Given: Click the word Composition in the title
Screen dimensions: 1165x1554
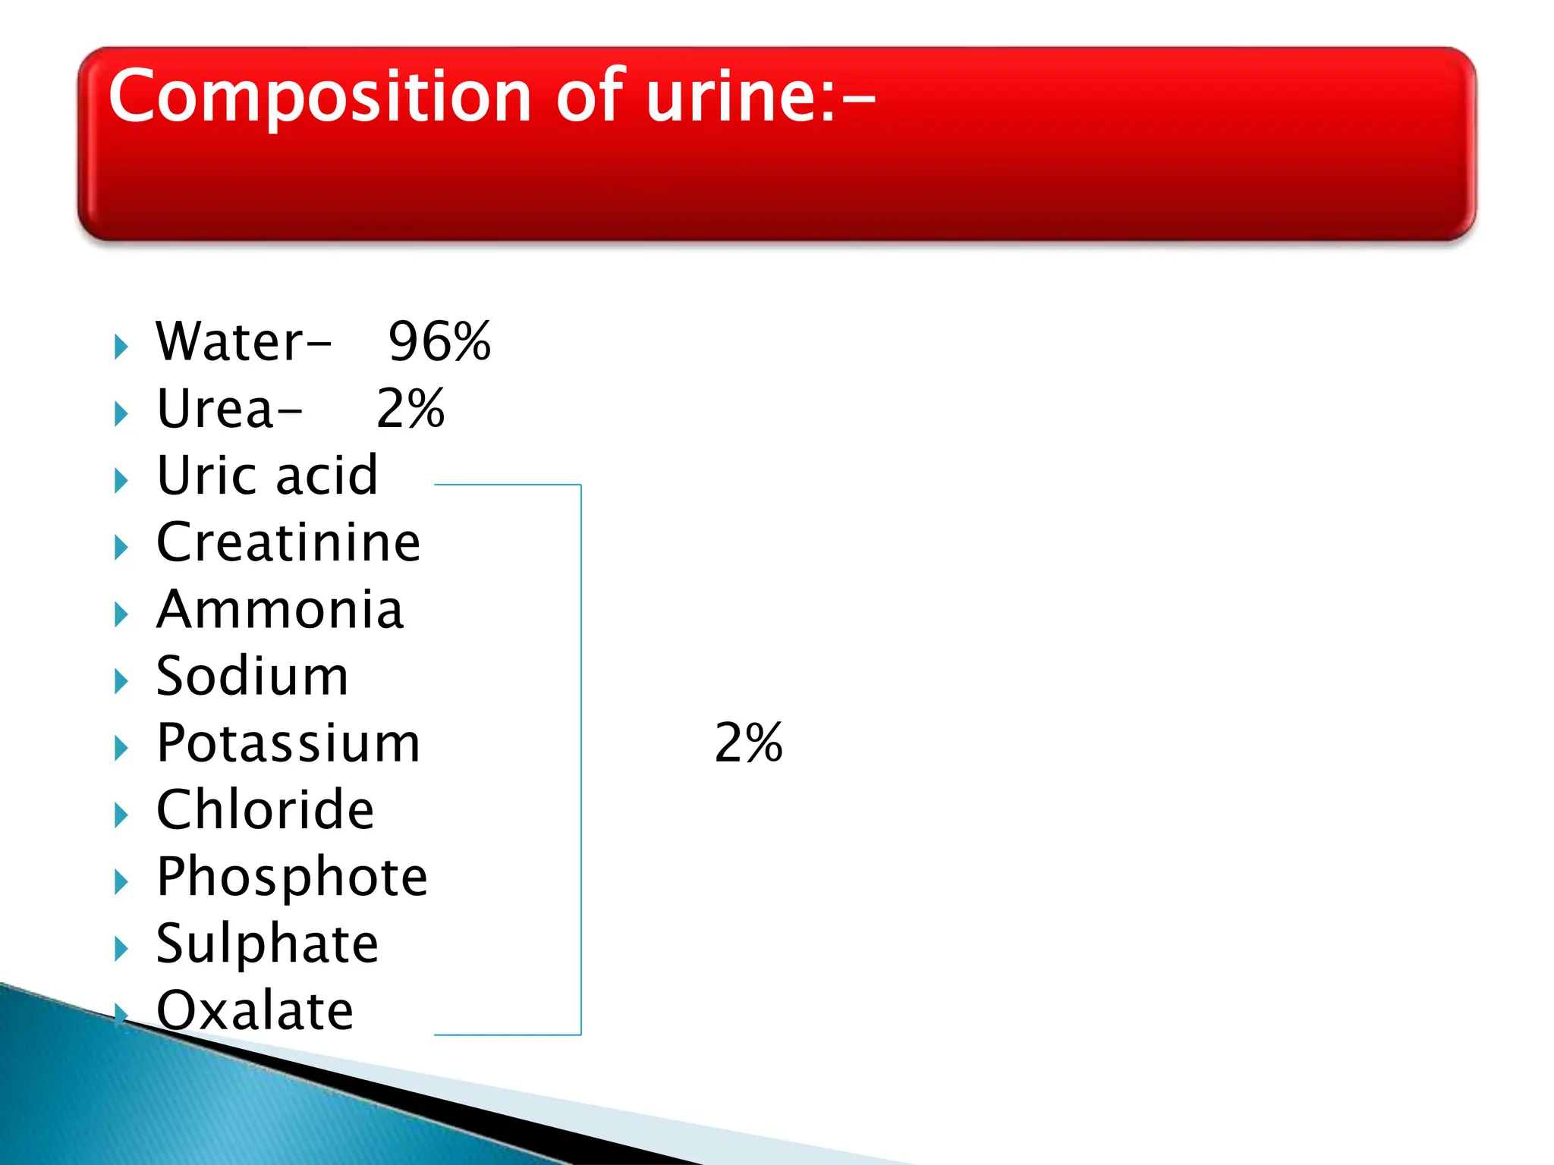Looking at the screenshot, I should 319,97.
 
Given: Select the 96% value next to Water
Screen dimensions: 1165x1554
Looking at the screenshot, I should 439,341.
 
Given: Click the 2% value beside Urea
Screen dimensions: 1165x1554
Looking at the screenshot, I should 411,409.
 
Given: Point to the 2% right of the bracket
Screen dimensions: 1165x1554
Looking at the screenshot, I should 748,743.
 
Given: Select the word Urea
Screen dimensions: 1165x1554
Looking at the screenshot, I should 215,409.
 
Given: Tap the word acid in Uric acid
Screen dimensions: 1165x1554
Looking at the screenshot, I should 326,476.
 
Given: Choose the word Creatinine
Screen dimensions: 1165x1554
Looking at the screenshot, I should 288,542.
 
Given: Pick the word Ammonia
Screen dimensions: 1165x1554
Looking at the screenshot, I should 280,609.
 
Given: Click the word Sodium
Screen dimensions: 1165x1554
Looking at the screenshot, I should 252,676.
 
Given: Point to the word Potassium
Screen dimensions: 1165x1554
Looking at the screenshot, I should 288,743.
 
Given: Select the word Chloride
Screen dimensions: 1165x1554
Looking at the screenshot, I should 265,809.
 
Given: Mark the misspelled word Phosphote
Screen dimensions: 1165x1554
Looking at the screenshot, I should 292,877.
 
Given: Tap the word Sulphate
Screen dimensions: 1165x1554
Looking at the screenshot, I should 267,944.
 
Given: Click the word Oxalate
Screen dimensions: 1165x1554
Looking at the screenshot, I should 255,1010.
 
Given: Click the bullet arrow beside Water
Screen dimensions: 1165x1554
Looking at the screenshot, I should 121,347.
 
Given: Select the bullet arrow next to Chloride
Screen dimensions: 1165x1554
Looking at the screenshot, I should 121,815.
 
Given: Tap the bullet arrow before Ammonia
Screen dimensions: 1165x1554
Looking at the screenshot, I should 121,615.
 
